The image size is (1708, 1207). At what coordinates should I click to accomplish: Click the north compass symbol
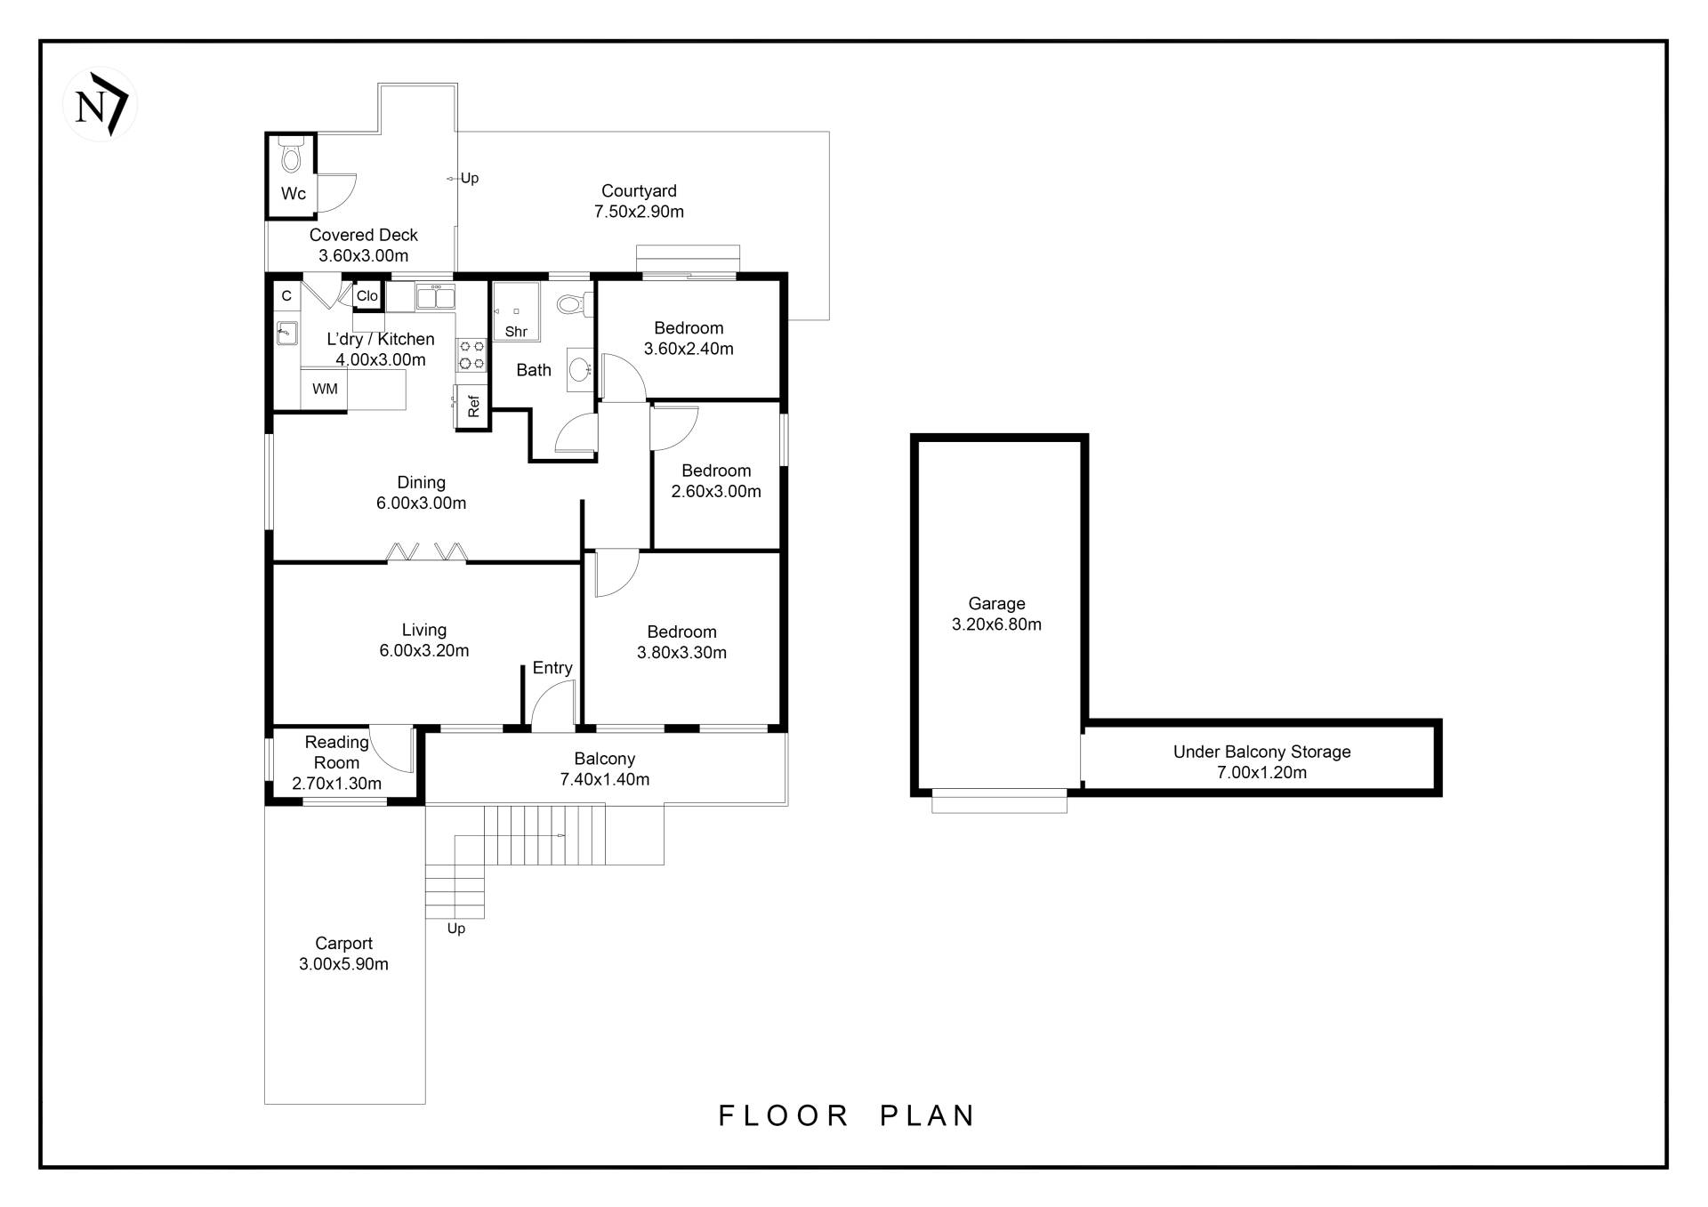pyautogui.click(x=100, y=105)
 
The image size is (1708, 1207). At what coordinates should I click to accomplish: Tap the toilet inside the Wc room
pyautogui.click(x=290, y=157)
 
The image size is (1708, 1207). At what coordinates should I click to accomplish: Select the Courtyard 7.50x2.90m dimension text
pyautogui.click(x=639, y=212)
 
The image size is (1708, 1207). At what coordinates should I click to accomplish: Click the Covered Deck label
pyautogui.click(x=363, y=235)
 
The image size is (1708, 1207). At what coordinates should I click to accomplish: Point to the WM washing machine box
pyautogui.click(x=325, y=389)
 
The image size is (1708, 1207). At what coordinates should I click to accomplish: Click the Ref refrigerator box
pyautogui.click(x=472, y=406)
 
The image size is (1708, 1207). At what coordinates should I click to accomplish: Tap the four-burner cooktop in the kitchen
pyautogui.click(x=471, y=354)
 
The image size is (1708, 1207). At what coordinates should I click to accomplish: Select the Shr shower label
pyautogui.click(x=516, y=332)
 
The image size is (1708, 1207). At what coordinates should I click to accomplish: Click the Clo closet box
pyautogui.click(x=367, y=296)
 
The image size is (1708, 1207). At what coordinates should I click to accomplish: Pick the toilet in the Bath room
pyautogui.click(x=572, y=305)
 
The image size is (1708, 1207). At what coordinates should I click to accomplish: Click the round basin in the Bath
pyautogui.click(x=579, y=367)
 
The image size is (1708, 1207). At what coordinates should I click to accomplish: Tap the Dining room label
pyautogui.click(x=421, y=482)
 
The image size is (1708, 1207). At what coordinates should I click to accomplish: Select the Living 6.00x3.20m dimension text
pyautogui.click(x=423, y=650)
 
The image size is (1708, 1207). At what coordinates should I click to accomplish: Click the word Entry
pyautogui.click(x=552, y=668)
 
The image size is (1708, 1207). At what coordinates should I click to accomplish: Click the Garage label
pyautogui.click(x=996, y=603)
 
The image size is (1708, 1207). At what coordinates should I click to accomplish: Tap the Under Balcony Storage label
pyautogui.click(x=1261, y=752)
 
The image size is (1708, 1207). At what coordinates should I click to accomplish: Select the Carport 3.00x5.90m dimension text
pyautogui.click(x=343, y=964)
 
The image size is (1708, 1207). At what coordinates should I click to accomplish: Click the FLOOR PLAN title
pyautogui.click(x=846, y=1115)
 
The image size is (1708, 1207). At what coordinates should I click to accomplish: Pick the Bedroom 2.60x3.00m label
pyautogui.click(x=716, y=471)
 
